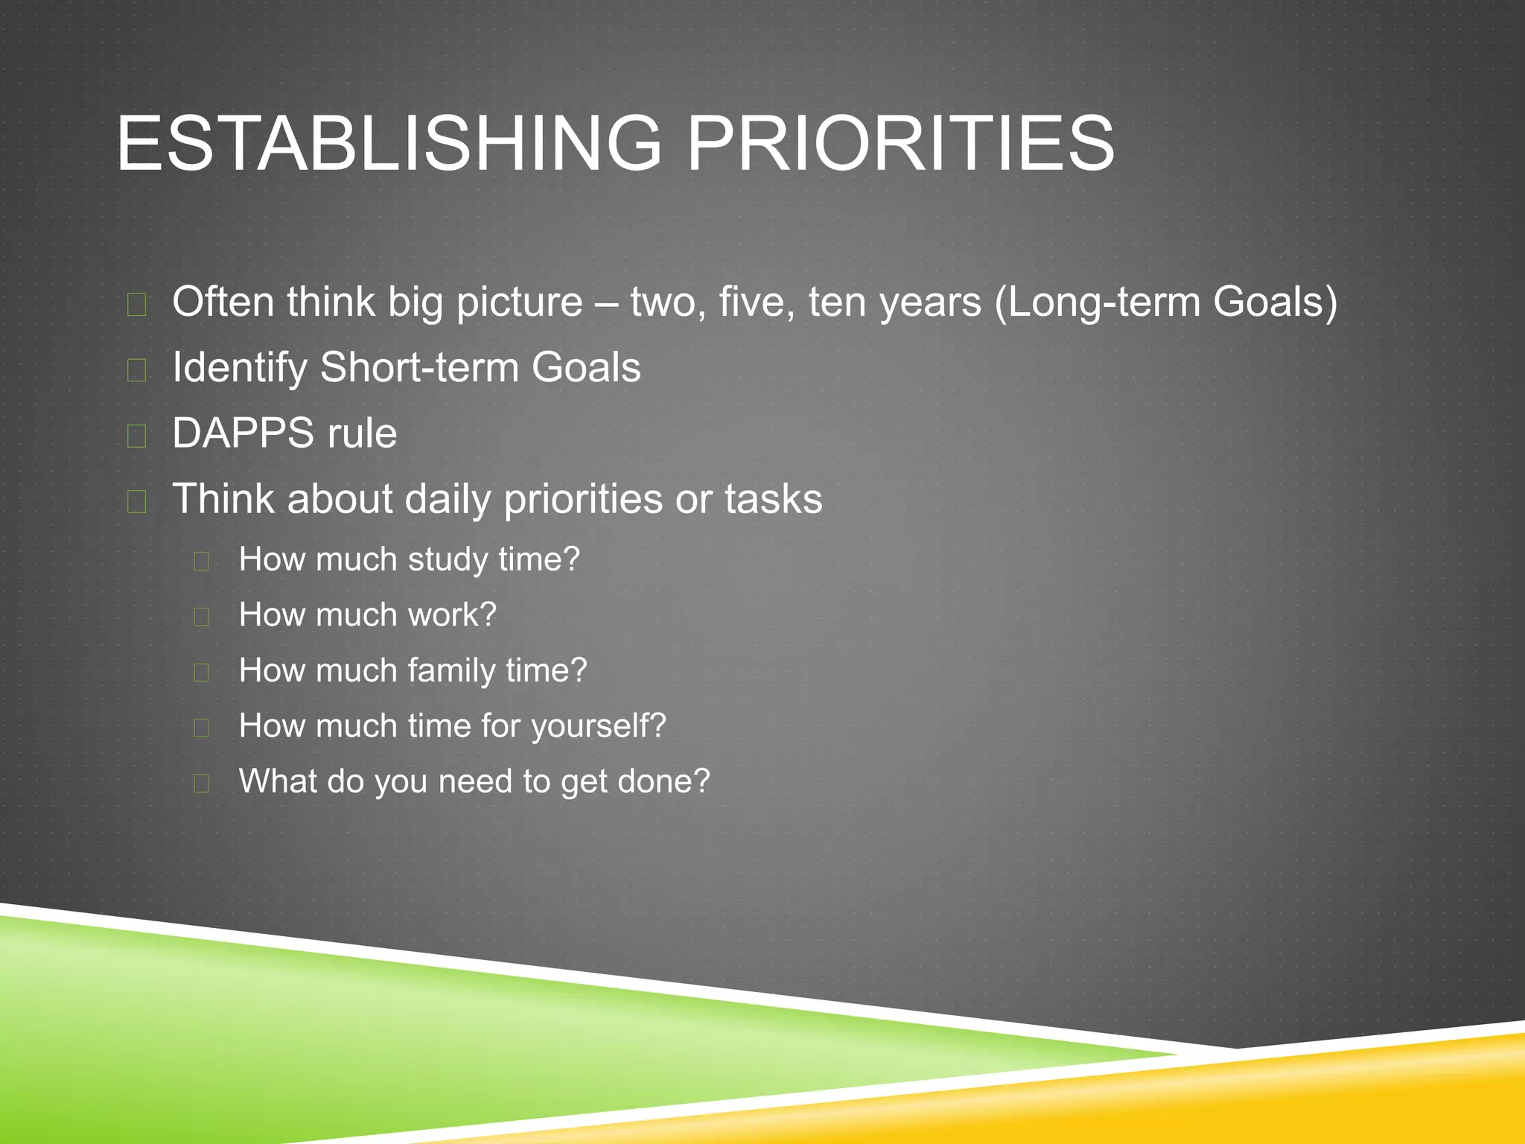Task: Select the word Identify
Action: [239, 368]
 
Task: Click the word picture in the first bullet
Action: [519, 302]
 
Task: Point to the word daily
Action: [447, 499]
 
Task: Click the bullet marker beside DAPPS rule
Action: [136, 435]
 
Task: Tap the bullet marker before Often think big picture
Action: [136, 304]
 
